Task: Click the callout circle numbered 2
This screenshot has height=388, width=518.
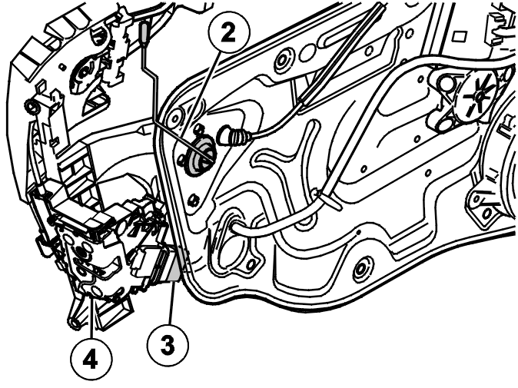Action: coord(229,32)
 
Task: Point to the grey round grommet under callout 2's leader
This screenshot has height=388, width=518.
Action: coord(199,156)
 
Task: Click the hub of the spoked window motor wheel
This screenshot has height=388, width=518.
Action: coord(478,97)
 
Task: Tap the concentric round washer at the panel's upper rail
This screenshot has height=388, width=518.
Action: coord(283,60)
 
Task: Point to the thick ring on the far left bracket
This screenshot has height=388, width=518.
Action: coord(32,108)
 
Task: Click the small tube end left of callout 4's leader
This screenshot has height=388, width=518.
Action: coord(75,323)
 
